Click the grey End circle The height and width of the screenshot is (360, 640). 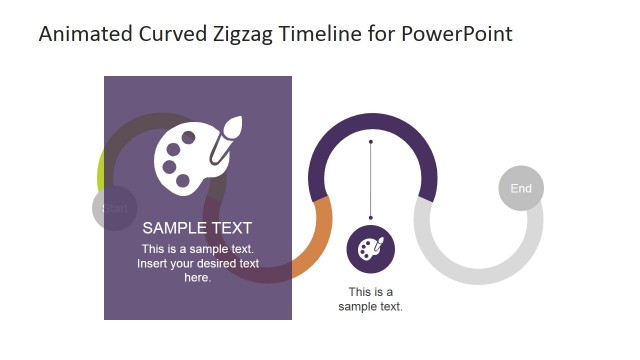pos(521,188)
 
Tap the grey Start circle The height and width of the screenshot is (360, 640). pos(114,209)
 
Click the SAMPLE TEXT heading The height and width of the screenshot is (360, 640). pos(197,228)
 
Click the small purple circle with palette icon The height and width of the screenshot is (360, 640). pos(371,249)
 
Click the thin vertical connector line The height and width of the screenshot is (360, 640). pos(371,180)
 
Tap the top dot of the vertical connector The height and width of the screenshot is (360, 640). pos(371,143)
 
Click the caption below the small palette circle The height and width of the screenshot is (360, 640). pos(371,299)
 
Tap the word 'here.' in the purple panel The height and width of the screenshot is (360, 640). pos(198,277)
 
